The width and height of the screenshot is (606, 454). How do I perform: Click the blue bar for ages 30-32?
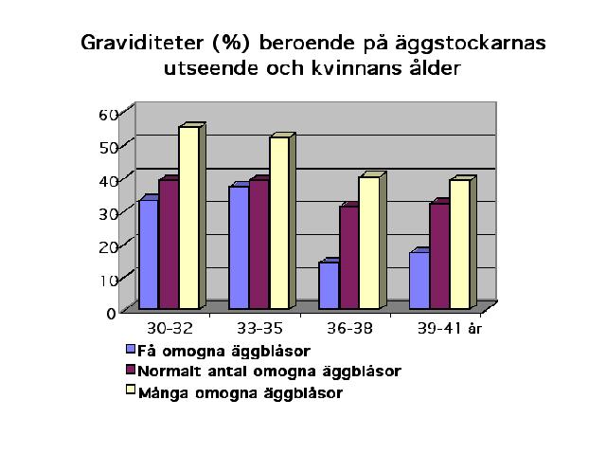pos(149,254)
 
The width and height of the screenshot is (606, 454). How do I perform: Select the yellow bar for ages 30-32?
pos(189,217)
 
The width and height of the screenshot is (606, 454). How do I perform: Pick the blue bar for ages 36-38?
pos(330,285)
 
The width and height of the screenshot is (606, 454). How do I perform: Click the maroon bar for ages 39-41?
pos(439,256)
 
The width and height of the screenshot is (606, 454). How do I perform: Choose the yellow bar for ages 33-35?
pos(279,223)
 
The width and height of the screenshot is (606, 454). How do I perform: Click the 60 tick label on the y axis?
pos(108,115)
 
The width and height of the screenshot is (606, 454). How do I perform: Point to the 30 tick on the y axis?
pos(108,213)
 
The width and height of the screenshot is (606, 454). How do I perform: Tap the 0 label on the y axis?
pos(112,313)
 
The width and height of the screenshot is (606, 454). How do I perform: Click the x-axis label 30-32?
pos(170,329)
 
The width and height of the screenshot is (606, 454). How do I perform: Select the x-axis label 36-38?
pos(349,329)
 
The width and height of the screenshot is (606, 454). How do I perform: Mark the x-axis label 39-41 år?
pos(450,329)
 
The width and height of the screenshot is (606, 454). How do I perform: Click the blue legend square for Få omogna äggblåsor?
pos(131,349)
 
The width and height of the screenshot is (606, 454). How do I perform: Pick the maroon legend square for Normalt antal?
pos(131,370)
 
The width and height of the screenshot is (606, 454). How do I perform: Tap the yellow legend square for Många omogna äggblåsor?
pos(131,390)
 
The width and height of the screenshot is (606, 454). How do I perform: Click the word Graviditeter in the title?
pos(142,43)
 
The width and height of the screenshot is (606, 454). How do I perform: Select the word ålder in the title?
pos(436,68)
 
